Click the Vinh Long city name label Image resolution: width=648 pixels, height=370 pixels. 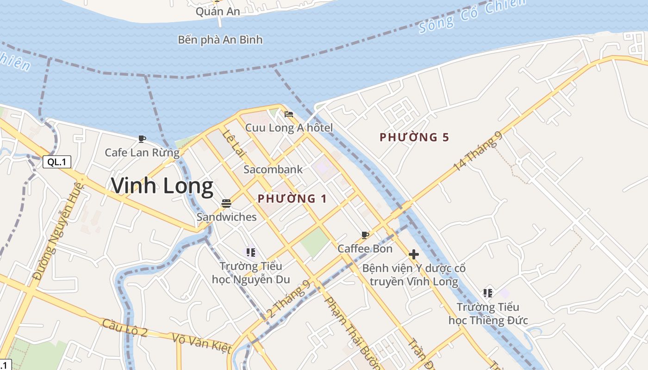pos(162,186)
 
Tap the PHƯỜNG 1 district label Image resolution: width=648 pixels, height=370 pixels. pos(292,199)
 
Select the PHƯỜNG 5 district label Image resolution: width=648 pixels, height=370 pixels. pos(414,137)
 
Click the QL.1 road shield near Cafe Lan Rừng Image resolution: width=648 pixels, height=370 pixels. pos(57,162)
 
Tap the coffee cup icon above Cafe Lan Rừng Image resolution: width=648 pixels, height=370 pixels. pos(142,139)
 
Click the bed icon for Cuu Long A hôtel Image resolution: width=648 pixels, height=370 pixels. pos(289,114)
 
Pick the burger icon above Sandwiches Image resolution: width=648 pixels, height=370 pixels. pos(226,203)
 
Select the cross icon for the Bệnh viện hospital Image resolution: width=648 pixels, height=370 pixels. pos(414,254)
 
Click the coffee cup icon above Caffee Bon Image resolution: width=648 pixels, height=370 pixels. pos(365,235)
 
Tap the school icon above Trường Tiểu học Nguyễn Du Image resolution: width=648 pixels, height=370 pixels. pos(251,252)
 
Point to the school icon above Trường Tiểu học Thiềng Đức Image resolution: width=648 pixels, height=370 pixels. pos(487,293)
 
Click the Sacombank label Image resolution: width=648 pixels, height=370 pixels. pos(273,169)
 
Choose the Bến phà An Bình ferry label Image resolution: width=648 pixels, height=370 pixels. pos(220,40)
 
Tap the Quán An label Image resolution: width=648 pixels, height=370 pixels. pos(218,12)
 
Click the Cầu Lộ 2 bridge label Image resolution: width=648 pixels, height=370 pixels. pos(125,327)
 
